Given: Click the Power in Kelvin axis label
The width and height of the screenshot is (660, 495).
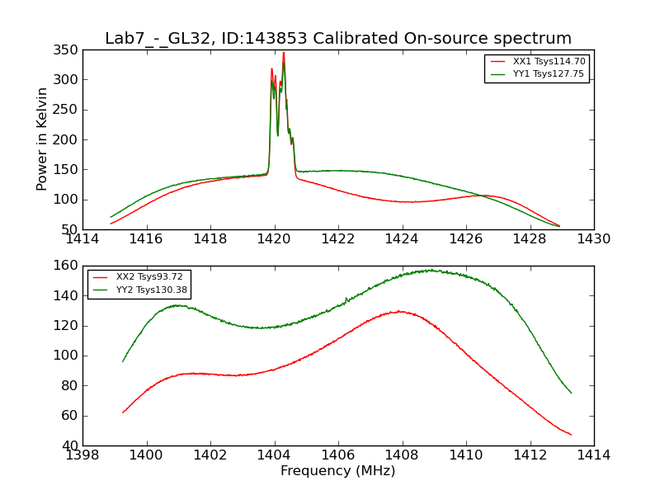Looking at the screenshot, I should [x=42, y=140].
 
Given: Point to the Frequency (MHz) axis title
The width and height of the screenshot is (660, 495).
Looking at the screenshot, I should [x=337, y=471].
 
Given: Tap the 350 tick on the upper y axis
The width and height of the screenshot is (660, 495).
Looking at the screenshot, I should [x=68, y=50].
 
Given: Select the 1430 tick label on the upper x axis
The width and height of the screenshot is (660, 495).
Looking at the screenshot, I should [x=593, y=238].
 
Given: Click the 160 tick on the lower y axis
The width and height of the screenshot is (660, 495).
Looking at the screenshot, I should [x=68, y=266].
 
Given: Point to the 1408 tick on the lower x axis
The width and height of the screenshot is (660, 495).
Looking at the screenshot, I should [x=402, y=455].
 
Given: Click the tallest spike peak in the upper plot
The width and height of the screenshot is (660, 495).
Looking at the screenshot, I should [x=284, y=53].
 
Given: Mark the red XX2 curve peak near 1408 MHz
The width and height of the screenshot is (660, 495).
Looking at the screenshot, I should [x=400, y=311].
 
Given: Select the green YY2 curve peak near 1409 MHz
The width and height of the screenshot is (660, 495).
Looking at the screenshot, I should [x=430, y=270].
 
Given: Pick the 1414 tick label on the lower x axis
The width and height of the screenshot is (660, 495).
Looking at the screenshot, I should [x=593, y=455].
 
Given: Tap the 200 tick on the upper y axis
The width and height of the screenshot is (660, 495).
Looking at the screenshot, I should [x=68, y=139].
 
